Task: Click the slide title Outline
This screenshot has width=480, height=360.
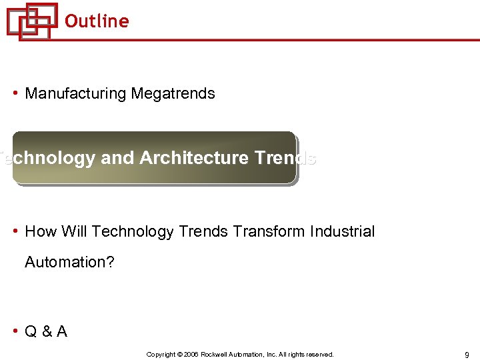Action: [97, 21]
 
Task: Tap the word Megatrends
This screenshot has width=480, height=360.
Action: [173, 93]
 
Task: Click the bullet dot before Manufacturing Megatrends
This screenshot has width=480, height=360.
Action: [15, 93]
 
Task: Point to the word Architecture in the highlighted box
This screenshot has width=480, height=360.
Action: [193, 158]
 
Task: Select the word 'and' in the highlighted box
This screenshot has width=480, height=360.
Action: [117, 158]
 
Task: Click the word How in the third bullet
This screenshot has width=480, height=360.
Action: [41, 231]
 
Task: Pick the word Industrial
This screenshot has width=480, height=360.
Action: [342, 231]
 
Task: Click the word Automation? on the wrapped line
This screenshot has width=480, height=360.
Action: [69, 262]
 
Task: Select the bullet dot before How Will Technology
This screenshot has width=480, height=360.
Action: [15, 231]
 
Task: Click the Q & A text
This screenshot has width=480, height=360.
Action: [46, 331]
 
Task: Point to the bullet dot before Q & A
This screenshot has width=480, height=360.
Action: [15, 331]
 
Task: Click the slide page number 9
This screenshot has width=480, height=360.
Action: [467, 355]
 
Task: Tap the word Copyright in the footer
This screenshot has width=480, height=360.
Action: [160, 355]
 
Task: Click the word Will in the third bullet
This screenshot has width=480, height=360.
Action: [74, 231]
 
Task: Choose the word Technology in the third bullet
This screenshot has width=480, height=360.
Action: [132, 231]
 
